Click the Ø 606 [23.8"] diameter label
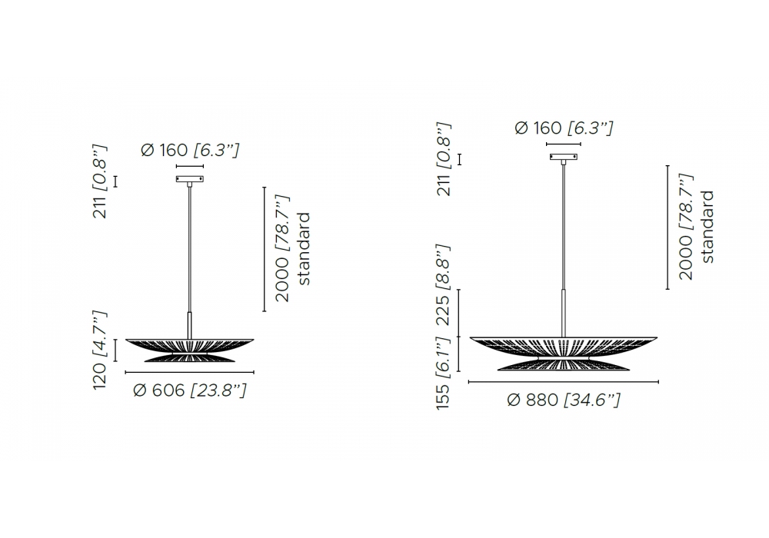click(x=189, y=390)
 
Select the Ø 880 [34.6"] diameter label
click(x=564, y=400)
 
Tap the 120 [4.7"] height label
click(x=100, y=350)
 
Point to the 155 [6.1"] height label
click(x=443, y=373)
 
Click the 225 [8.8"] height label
click(x=443, y=284)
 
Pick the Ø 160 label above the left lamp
click(x=189, y=150)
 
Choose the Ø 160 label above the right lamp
click(x=564, y=128)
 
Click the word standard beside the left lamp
click(x=304, y=248)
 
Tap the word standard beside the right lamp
click(x=707, y=227)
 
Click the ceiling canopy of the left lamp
click(x=190, y=179)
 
